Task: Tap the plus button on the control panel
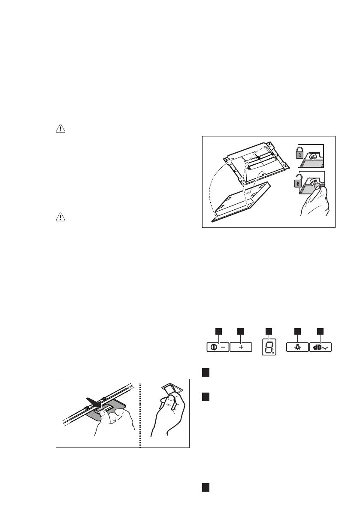pos(241,348)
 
